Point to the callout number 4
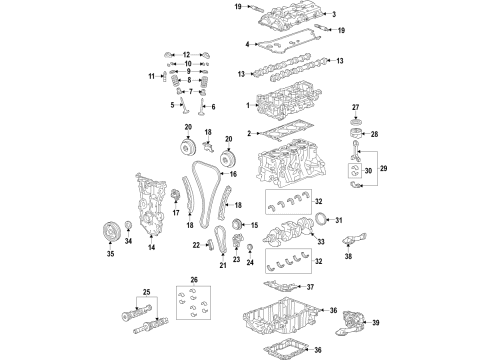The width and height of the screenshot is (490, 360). click(248, 44)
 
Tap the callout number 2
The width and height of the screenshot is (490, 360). click(249, 132)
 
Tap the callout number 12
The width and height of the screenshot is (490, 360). click(187, 52)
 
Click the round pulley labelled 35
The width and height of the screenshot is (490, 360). click(112, 235)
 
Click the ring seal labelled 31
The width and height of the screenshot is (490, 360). click(320, 219)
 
